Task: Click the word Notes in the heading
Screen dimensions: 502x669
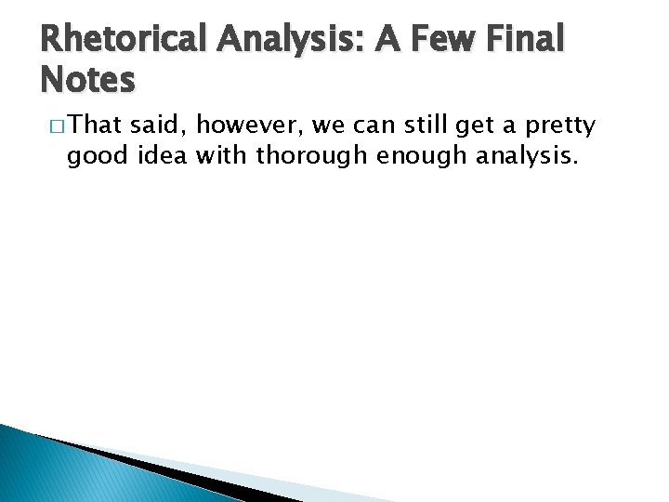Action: (88, 80)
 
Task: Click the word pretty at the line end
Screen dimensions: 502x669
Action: (563, 125)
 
